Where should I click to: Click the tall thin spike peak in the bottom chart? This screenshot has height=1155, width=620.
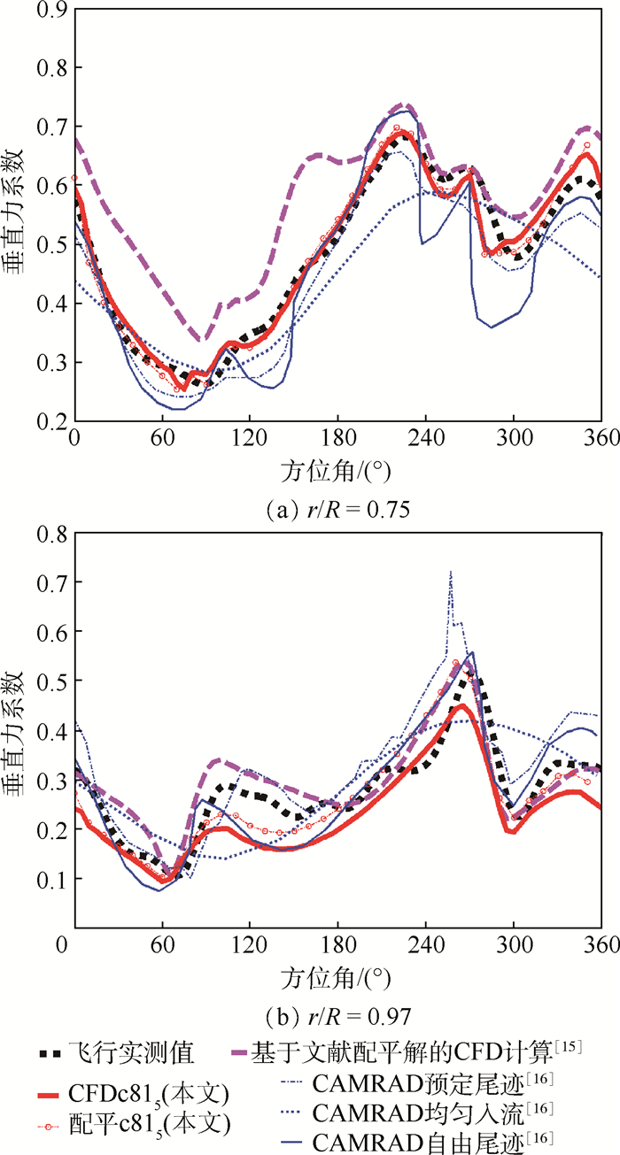coord(451,572)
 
